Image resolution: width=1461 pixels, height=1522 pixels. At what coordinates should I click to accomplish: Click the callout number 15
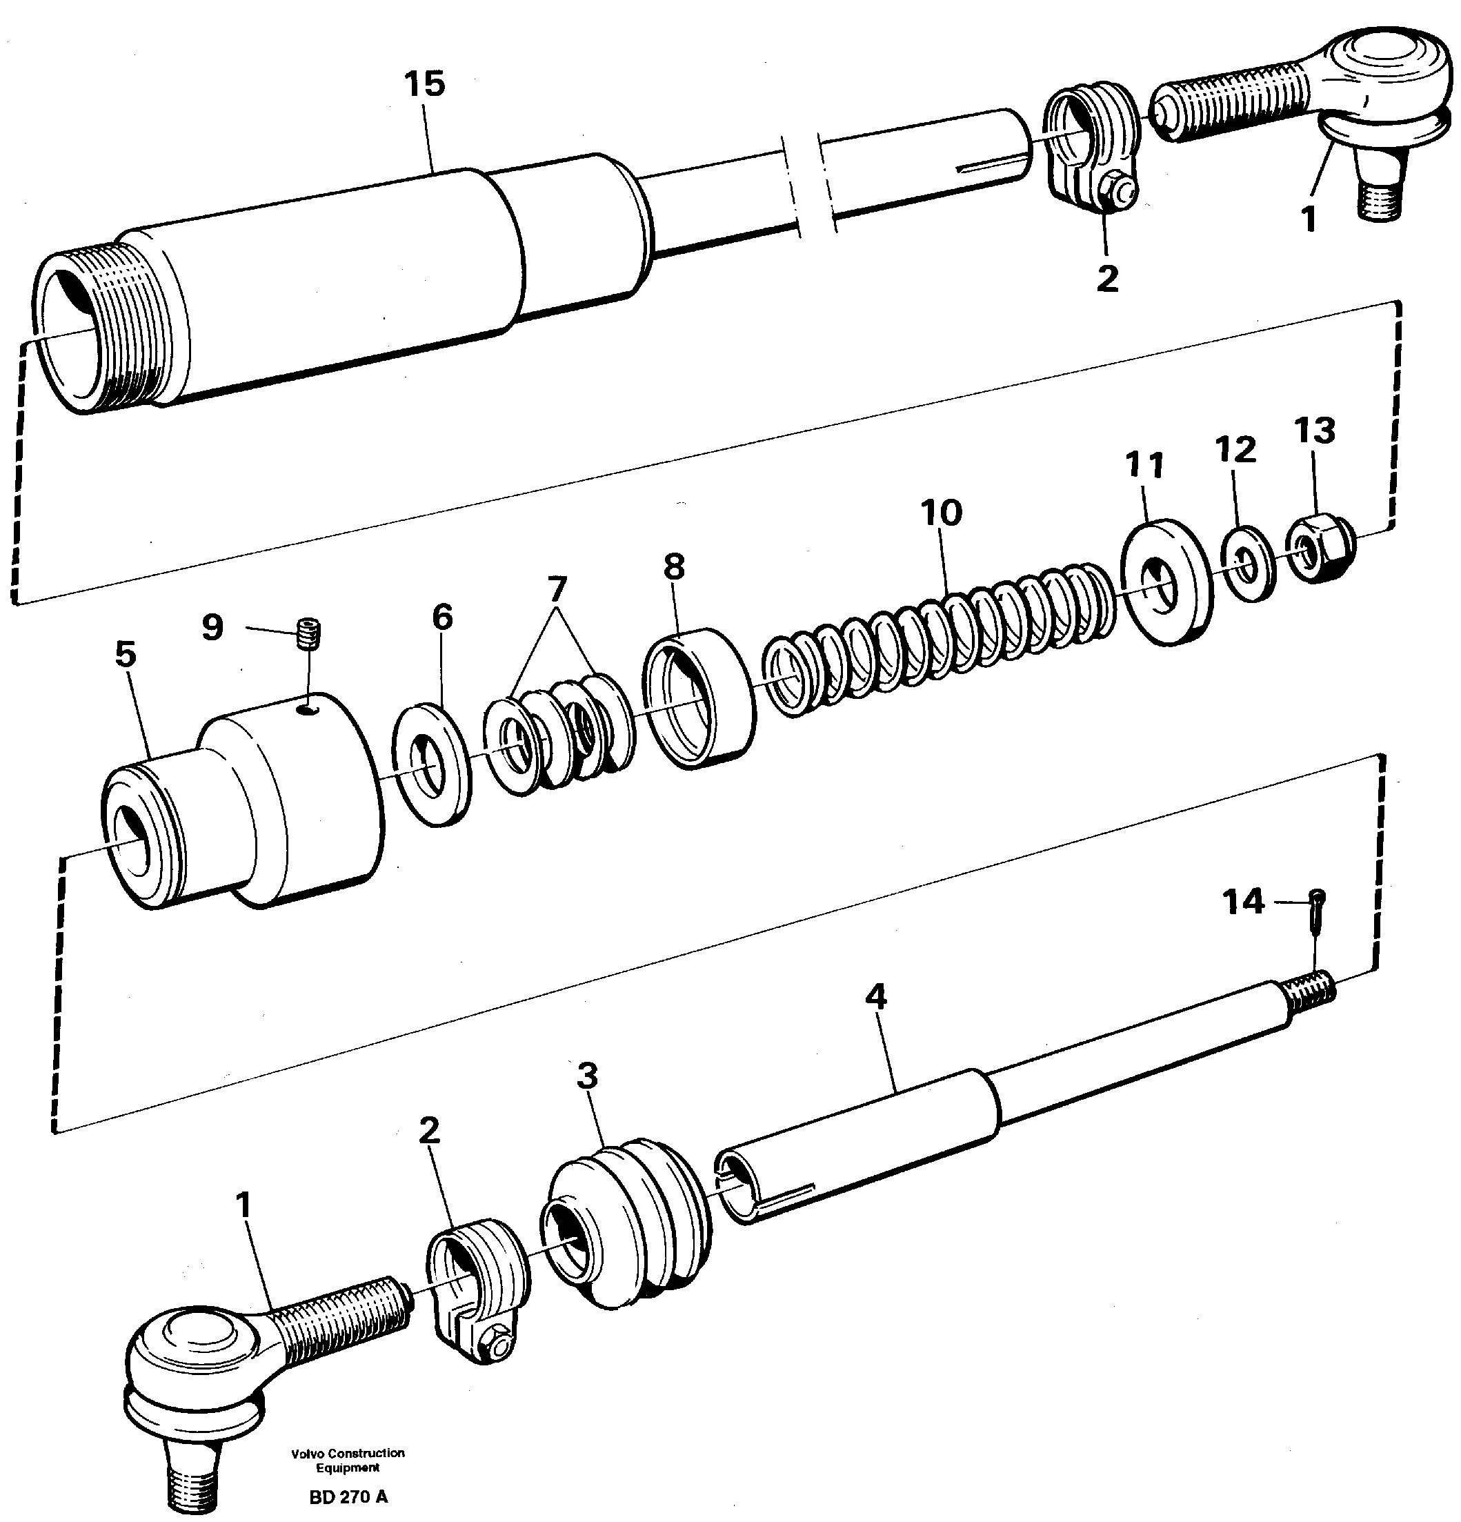tap(425, 85)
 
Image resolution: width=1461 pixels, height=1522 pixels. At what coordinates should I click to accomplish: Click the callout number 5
tap(126, 655)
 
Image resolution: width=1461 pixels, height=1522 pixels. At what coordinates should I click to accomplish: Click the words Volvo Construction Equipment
tap(348, 1460)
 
